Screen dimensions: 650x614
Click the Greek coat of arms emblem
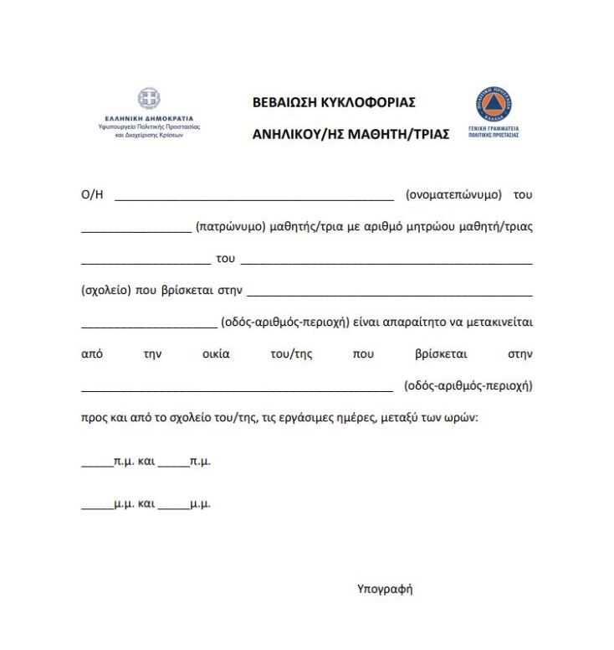149,99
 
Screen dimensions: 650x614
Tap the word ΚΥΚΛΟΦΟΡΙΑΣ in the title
369,103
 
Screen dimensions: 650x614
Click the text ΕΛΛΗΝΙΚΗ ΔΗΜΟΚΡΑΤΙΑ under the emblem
149,119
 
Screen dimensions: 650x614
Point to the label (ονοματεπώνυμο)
453,194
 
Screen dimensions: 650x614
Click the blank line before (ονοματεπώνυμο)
253,199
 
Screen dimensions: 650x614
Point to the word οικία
216,353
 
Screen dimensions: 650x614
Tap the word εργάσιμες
316,417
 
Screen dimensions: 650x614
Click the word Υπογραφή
385,589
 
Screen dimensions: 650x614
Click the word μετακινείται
494,322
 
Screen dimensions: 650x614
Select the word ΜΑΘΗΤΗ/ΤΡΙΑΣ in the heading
398,133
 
